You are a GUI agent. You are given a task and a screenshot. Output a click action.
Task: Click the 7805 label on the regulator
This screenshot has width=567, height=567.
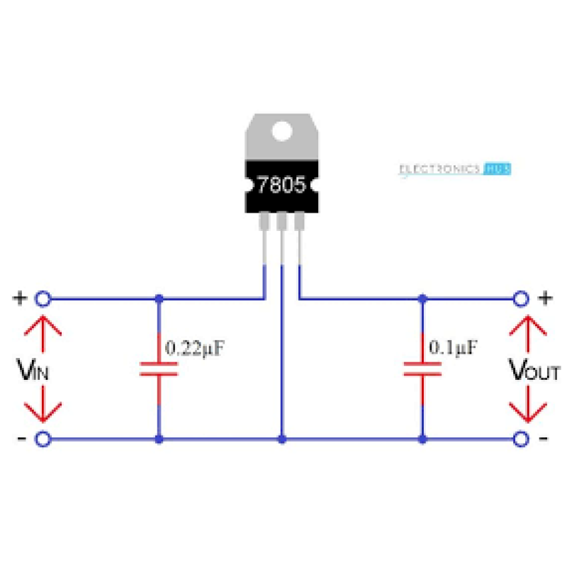click(x=281, y=186)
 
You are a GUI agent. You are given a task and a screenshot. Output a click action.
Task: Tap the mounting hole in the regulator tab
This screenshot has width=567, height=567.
click(x=282, y=131)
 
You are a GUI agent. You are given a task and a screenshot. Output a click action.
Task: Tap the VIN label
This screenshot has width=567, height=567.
click(x=33, y=370)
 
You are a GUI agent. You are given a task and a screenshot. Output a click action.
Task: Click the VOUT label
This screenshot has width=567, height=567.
click(x=535, y=370)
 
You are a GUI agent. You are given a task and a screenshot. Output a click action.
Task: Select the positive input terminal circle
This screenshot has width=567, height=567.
click(x=43, y=298)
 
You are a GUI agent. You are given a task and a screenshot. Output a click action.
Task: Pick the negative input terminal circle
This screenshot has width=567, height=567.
click(x=43, y=439)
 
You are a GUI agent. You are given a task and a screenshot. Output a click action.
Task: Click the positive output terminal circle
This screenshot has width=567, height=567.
click(x=522, y=298)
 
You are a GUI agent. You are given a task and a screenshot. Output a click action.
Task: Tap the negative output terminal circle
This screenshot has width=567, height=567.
click(x=522, y=439)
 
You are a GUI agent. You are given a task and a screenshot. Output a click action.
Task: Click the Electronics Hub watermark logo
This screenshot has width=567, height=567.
click(x=454, y=169)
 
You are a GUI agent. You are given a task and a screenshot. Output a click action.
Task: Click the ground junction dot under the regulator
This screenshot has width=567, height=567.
click(x=282, y=439)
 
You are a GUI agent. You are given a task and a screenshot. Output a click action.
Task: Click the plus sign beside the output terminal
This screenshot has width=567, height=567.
click(x=545, y=298)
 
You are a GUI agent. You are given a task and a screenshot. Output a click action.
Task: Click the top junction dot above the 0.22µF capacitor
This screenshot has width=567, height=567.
click(x=158, y=298)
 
